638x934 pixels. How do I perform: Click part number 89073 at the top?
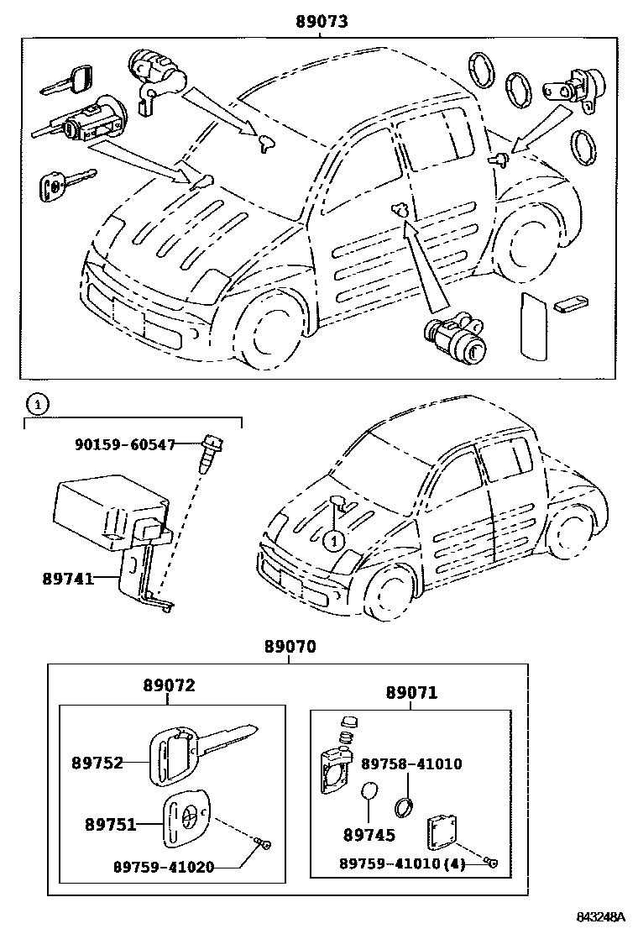(x=322, y=21)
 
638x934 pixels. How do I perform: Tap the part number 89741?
(x=67, y=578)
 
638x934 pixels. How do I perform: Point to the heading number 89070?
(x=290, y=648)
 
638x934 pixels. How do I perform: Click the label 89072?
(x=168, y=685)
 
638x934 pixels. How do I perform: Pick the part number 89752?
(x=97, y=763)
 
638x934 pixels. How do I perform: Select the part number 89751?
(x=110, y=825)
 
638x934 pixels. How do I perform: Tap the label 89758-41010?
(x=411, y=763)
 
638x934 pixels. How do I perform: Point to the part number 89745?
(x=369, y=836)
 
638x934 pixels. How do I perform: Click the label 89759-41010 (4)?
(x=402, y=863)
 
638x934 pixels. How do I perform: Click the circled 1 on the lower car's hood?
(x=333, y=540)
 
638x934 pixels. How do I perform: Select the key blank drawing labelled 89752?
(x=201, y=748)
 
